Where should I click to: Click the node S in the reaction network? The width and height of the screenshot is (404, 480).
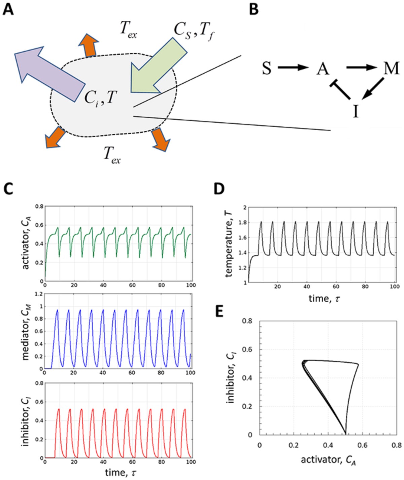267,68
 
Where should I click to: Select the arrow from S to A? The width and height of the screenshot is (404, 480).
293,68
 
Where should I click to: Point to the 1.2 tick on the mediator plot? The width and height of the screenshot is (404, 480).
38,294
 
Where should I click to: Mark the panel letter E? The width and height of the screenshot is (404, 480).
220,312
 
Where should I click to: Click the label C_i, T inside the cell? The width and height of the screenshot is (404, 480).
100,98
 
